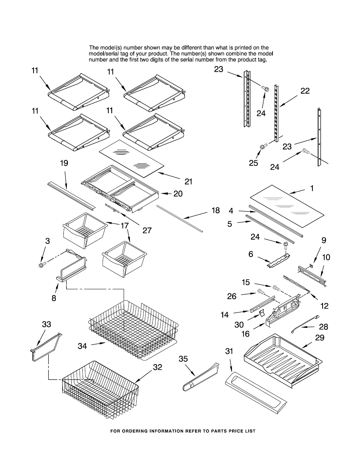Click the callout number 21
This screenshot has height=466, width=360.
[188, 181]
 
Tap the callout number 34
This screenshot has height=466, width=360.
[83, 346]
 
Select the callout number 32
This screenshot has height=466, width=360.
[157, 367]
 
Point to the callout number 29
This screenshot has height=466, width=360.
[319, 337]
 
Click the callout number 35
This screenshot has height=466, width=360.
[183, 359]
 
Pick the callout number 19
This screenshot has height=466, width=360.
[64, 163]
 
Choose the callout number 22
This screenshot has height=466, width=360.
[305, 91]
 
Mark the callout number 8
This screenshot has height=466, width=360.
[54, 297]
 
